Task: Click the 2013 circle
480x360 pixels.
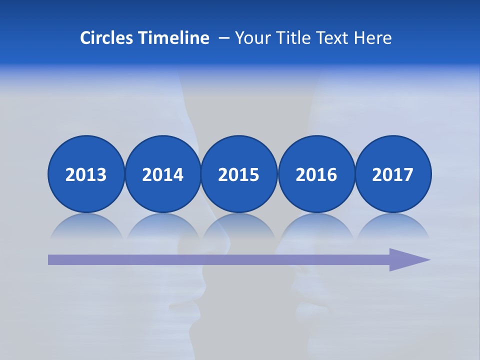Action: pos(86,174)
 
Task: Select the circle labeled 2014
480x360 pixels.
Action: pos(162,174)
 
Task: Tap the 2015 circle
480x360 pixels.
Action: pos(239,174)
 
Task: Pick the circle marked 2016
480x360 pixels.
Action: pos(316,174)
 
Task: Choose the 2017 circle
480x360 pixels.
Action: pos(393,174)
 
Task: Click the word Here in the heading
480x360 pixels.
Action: pos(373,37)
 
